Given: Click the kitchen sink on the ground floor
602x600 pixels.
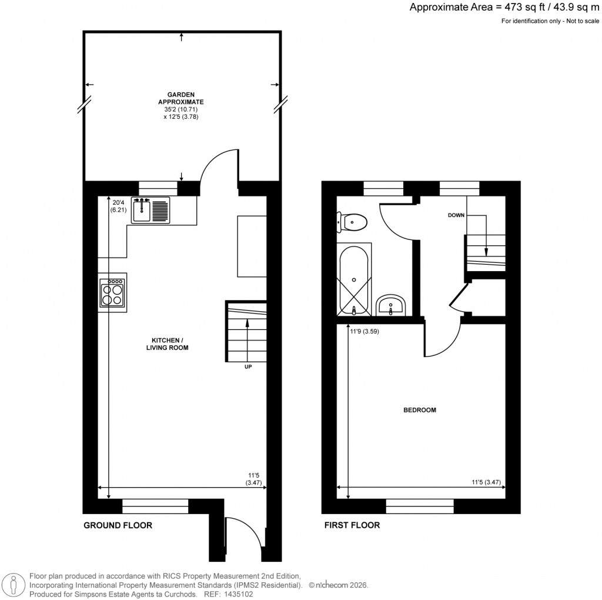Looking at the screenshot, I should (150, 210).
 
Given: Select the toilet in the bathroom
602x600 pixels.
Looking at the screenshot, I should (353, 222).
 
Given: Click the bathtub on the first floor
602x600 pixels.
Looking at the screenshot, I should (354, 281).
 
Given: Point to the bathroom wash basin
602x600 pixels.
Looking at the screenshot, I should (391, 305).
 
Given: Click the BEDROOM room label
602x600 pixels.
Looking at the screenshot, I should (419, 410).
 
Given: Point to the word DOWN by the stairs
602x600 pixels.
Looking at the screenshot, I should (456, 215).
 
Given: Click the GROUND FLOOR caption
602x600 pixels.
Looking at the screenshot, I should (118, 525).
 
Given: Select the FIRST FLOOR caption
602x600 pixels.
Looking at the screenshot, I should (352, 525).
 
